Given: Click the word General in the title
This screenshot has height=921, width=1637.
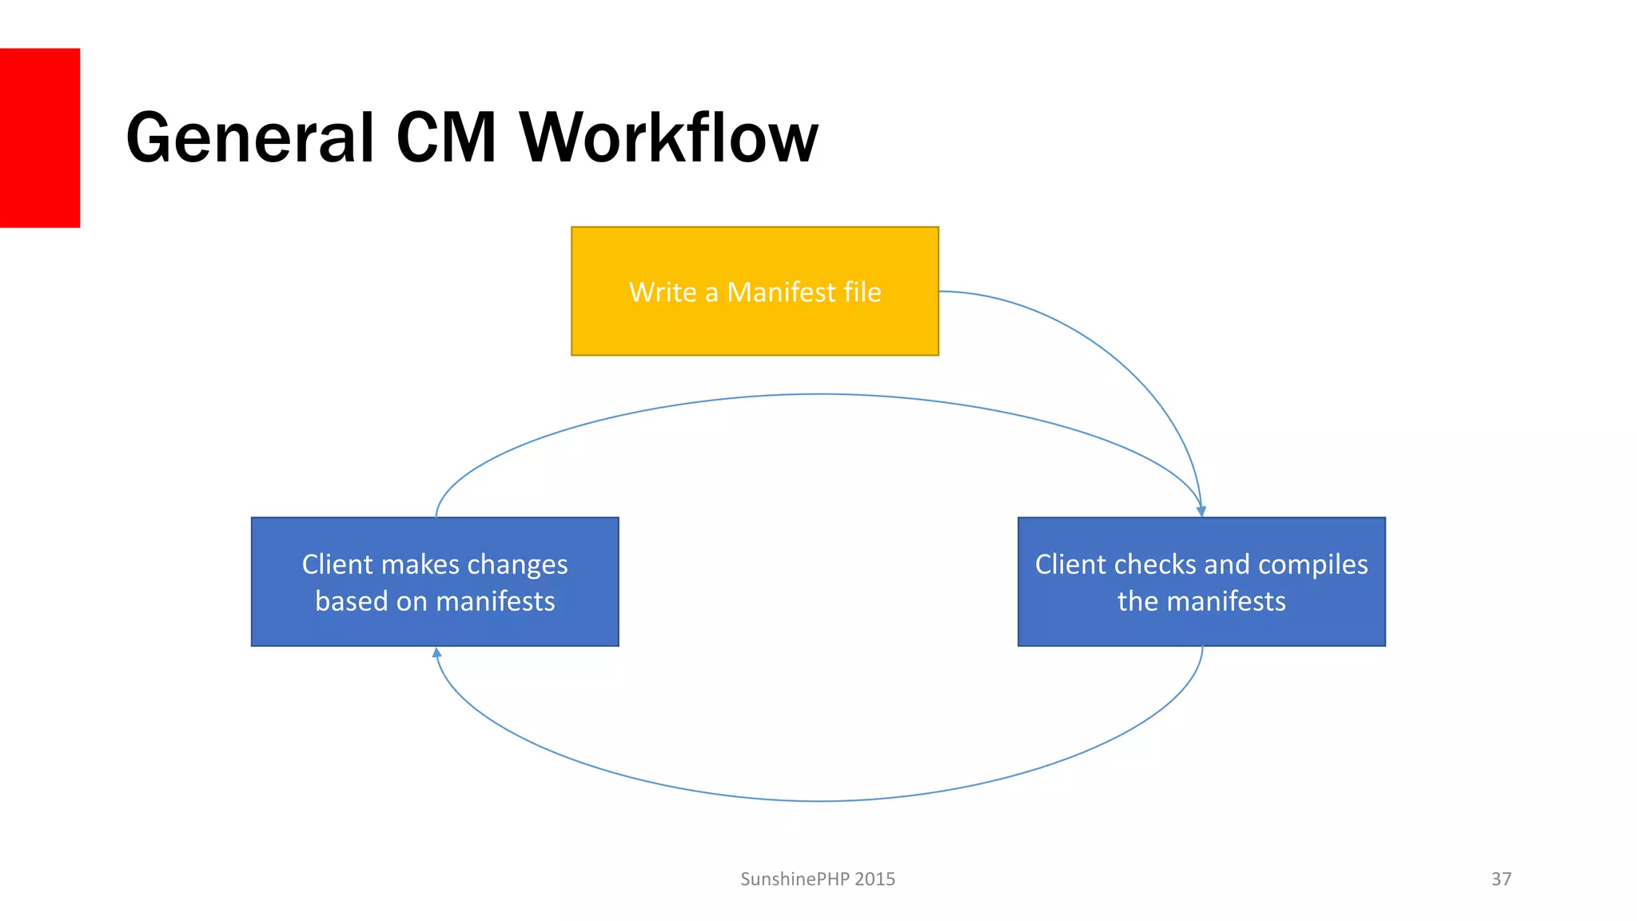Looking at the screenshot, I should [250, 138].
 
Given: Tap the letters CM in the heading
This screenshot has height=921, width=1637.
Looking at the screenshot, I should [446, 138].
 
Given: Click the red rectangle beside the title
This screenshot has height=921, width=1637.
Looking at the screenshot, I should [39, 138].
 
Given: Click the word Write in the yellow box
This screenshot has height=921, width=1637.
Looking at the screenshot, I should [663, 293].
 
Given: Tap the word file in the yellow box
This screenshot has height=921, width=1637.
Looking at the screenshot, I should [862, 293].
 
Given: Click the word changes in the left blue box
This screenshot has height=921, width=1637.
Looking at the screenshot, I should [517, 564].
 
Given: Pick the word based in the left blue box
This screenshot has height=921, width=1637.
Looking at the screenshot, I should [351, 601].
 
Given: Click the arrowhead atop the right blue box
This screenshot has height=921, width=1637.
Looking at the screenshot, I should [1201, 510].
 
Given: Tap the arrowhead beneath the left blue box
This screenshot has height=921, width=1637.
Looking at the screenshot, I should [436, 653].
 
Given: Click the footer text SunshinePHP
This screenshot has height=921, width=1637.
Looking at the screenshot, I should [795, 879].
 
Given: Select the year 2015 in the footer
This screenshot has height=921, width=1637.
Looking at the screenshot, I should [874, 879].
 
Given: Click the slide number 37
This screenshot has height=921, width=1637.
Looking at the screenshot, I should [1501, 879].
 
